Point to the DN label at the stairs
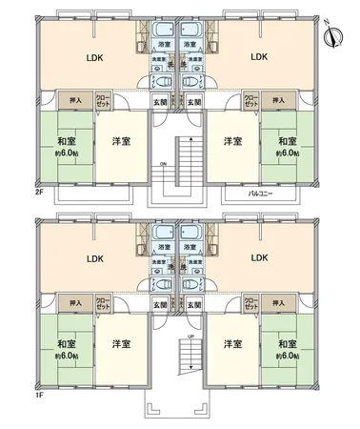point(164,163)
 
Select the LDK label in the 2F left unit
point(93,56)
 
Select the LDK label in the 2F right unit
point(259,56)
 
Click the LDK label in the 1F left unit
point(93,258)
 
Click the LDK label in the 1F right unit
point(259,258)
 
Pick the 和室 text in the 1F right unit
point(289,343)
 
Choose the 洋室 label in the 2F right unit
point(231,142)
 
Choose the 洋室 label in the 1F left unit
point(120,344)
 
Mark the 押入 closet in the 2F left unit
point(73,99)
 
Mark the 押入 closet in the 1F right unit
point(279,302)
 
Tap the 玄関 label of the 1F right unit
point(193,304)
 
